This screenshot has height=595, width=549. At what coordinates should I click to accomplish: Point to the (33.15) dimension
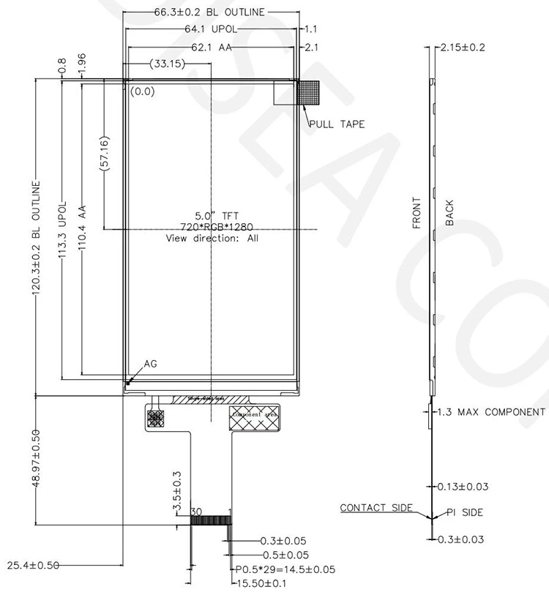167,64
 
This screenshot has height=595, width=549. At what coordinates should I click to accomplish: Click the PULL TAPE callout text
336,124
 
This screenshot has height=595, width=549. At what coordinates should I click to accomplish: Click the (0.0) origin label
143,91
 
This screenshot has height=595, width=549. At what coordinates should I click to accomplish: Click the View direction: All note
212,238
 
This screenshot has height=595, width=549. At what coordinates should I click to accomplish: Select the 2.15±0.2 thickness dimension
463,48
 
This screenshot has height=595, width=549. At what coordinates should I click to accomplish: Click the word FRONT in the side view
417,213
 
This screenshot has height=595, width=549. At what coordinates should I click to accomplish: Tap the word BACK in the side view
449,212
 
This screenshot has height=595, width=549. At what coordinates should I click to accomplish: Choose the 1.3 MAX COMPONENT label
491,413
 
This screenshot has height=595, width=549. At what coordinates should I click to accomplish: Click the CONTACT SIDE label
376,507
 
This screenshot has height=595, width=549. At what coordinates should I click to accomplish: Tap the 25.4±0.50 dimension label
34,565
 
